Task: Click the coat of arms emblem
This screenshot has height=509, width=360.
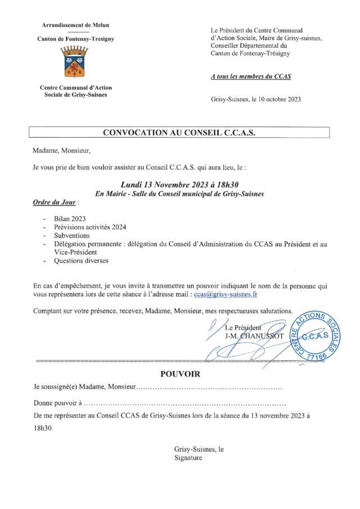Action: (75, 62)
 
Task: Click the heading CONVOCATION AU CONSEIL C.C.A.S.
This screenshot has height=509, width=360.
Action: (178, 133)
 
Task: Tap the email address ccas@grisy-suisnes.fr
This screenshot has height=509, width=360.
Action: (225, 294)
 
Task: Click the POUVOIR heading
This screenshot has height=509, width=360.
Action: (179, 374)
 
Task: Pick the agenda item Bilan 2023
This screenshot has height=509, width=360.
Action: (71, 218)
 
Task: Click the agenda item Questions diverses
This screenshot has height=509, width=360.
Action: (81, 261)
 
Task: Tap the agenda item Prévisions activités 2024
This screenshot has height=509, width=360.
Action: (90, 227)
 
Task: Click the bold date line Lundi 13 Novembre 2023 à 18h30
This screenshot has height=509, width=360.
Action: (179, 184)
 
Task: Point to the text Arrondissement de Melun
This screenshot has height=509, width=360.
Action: (75, 25)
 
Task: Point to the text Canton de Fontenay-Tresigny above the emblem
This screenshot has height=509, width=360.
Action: (75, 39)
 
